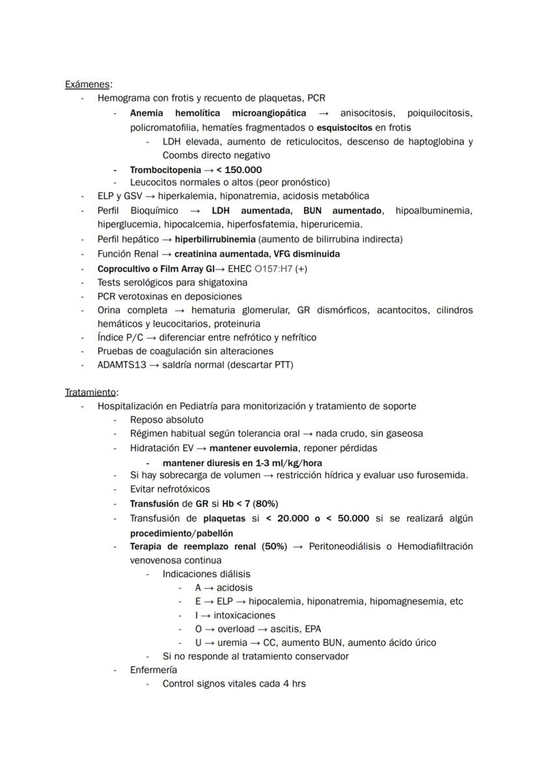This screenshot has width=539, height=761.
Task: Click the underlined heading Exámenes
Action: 87,84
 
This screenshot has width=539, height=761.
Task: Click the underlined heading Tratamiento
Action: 90,392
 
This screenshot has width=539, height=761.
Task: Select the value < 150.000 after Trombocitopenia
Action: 235,169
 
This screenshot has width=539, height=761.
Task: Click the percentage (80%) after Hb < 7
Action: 266,503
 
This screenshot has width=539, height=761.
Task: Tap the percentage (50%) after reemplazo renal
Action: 274,546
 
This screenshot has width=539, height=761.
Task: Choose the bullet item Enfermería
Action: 154,669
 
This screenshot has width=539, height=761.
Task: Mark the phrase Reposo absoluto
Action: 167,420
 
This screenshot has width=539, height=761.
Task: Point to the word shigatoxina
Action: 221,283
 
